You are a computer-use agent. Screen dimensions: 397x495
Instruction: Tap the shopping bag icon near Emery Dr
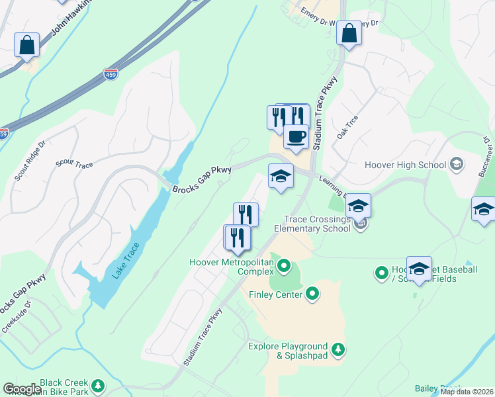point(349,34)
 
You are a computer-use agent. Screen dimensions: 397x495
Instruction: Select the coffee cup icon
point(296,136)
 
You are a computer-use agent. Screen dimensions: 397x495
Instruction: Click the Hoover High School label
point(406,164)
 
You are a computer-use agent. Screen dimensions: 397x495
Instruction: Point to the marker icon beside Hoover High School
point(456,163)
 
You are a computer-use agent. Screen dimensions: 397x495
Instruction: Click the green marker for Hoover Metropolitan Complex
point(284,267)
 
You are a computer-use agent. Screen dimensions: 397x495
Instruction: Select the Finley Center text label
point(275,293)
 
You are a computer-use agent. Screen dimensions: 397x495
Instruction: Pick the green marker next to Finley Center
point(313,293)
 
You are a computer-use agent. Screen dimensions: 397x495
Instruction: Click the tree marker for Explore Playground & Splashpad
point(338,349)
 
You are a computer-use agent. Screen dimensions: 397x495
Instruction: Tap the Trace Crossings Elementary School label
point(317,224)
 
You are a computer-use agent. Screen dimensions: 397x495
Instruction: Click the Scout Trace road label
point(75,163)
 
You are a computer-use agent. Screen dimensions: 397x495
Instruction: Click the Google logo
point(22,389)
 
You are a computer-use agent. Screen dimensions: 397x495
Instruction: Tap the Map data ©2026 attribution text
point(467,392)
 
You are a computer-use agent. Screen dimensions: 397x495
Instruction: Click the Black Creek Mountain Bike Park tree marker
point(98,385)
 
